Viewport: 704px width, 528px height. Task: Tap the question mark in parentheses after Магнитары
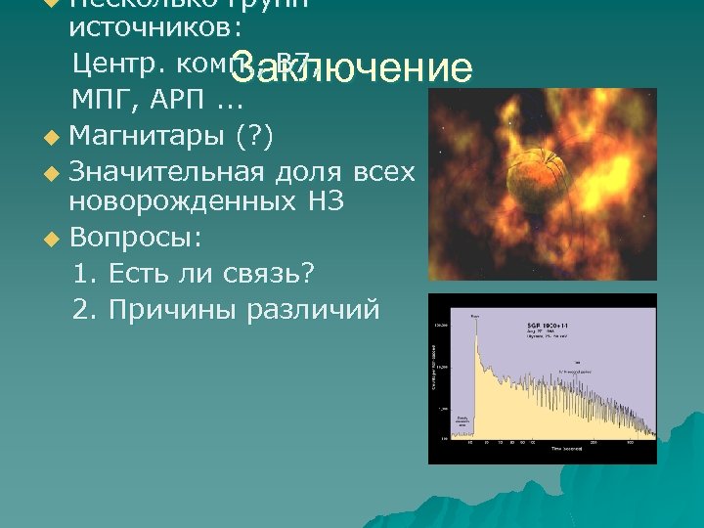255,135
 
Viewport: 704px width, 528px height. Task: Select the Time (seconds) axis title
569,447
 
